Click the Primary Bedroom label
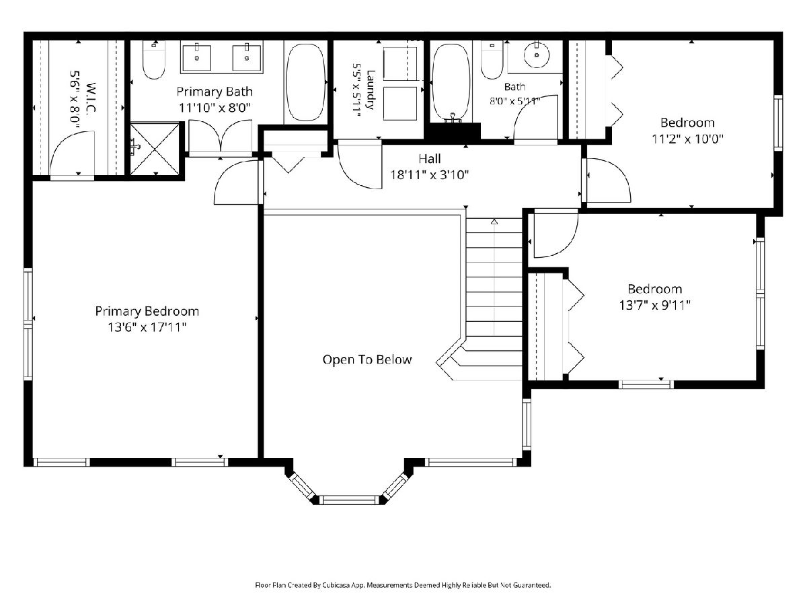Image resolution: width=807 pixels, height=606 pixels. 147,311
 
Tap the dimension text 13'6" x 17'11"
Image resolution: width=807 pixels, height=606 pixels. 147,327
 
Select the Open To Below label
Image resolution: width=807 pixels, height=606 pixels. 367,360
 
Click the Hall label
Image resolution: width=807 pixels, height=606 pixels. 430,159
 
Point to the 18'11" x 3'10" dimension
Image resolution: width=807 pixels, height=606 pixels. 430,174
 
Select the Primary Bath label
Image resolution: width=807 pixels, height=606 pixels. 215,92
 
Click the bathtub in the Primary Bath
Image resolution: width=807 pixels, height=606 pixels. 305,82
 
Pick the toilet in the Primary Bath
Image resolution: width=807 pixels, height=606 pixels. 154,60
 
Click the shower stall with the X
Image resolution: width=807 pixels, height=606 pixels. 155,149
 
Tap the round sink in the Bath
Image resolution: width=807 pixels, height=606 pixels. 537,55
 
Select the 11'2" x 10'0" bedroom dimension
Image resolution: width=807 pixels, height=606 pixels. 687,139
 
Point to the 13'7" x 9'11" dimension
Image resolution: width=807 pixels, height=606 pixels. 655,305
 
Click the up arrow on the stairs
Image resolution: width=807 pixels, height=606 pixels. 494,222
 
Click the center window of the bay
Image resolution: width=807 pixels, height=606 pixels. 348,500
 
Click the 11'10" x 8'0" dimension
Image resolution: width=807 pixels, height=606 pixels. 215,108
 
